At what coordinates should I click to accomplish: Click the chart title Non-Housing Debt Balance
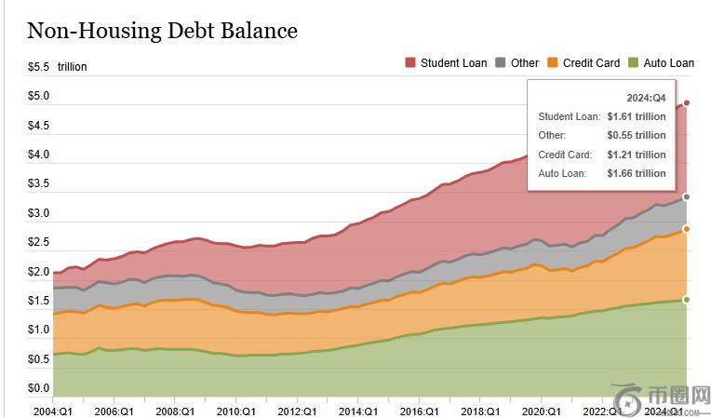pyautogui.click(x=162, y=31)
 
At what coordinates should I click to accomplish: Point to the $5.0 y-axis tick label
pyautogui.click(x=38, y=97)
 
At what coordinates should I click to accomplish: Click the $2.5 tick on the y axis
pyautogui.click(x=38, y=243)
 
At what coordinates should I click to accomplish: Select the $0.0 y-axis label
pyautogui.click(x=38, y=388)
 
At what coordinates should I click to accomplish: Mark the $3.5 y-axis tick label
pyautogui.click(x=38, y=184)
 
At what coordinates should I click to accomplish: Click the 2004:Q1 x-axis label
pyautogui.click(x=53, y=411)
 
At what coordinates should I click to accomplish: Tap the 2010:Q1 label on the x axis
pyautogui.click(x=235, y=411)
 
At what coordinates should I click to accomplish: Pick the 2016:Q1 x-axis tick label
pyautogui.click(x=419, y=411)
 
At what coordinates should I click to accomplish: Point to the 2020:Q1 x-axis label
pyautogui.click(x=541, y=411)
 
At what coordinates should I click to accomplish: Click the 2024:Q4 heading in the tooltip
pyautogui.click(x=646, y=98)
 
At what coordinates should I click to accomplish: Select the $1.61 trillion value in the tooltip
pyautogui.click(x=637, y=117)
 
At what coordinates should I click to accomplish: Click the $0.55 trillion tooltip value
pyautogui.click(x=637, y=136)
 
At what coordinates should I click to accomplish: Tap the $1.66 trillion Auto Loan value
pyautogui.click(x=637, y=173)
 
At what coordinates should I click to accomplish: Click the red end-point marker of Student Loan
pyautogui.click(x=687, y=102)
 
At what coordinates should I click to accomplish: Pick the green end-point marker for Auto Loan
pyautogui.click(x=687, y=300)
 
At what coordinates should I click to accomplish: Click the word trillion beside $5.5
pyautogui.click(x=73, y=67)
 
